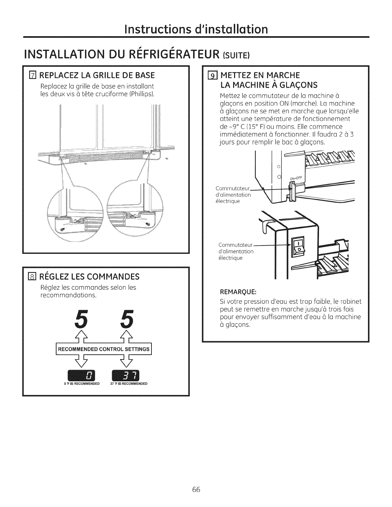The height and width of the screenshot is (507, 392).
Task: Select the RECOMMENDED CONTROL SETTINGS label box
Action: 104,349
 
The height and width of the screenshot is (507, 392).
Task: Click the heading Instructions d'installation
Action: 196,29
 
